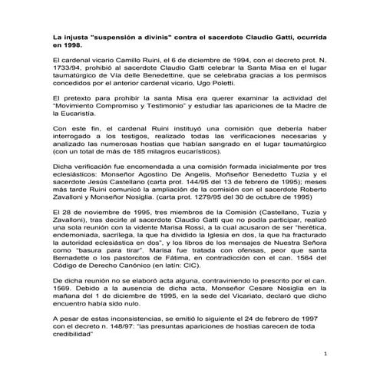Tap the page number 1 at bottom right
326,355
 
